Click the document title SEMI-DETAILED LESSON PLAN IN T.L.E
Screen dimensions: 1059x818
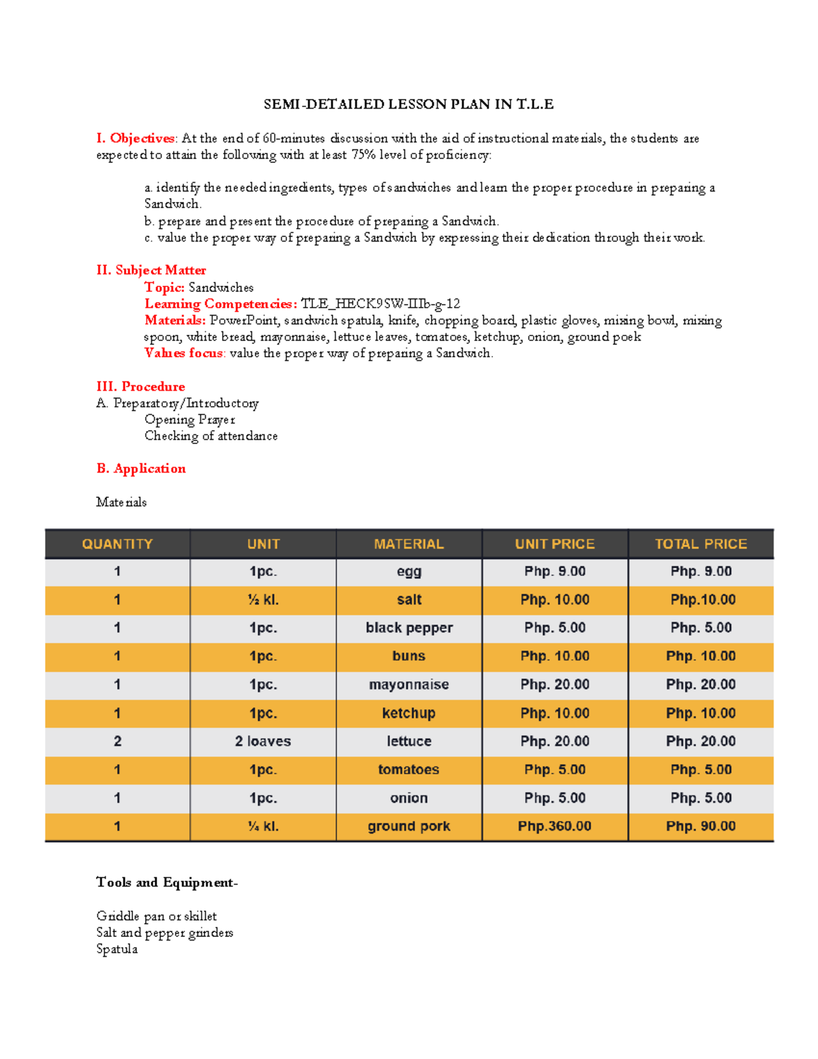click(408, 104)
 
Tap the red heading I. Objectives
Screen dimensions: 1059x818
click(136, 138)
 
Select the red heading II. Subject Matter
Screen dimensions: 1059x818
click(151, 270)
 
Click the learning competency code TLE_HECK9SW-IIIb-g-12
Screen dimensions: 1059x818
click(380, 304)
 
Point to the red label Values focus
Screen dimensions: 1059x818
click(183, 353)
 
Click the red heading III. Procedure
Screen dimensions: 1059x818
click(140, 387)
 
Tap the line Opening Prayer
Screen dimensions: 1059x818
click(190, 419)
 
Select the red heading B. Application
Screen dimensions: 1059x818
click(141, 468)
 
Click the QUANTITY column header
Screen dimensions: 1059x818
click(117, 544)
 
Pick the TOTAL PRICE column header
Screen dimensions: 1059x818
click(701, 544)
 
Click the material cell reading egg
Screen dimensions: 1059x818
click(409, 572)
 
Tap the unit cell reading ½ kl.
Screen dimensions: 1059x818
click(263, 600)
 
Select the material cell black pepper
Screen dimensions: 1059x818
click(409, 628)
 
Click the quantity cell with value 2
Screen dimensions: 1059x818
click(117, 741)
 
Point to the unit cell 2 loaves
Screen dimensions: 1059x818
click(263, 741)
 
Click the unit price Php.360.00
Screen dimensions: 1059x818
click(554, 826)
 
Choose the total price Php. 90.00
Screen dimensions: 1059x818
click(701, 826)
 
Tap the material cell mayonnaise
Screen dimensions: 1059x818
click(409, 685)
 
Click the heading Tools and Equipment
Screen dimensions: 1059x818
click(166, 882)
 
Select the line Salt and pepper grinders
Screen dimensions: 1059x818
click(164, 933)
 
